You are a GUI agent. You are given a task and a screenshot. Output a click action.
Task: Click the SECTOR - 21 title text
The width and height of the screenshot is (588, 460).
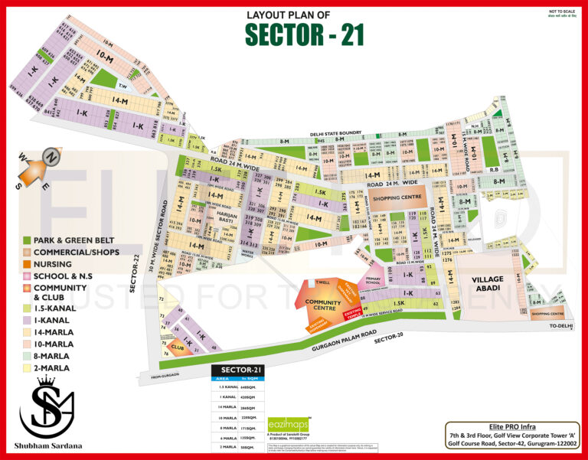pyautogui.click(x=304, y=34)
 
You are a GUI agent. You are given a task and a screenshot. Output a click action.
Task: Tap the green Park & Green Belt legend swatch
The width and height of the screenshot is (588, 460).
pyautogui.click(x=27, y=240)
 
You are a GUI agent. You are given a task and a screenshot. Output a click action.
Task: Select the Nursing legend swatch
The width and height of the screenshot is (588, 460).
pyautogui.click(x=27, y=263)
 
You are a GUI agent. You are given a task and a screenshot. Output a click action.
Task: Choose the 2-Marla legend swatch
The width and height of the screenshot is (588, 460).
pyautogui.click(x=27, y=368)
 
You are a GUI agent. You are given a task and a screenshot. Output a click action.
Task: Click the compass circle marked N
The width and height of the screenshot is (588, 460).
pyautogui.click(x=51, y=156)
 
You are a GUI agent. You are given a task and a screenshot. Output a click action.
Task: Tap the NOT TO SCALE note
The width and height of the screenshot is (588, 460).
pyautogui.click(x=562, y=12)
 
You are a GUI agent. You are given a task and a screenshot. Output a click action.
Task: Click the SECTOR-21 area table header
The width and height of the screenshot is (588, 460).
pyautogui.click(x=237, y=370)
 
